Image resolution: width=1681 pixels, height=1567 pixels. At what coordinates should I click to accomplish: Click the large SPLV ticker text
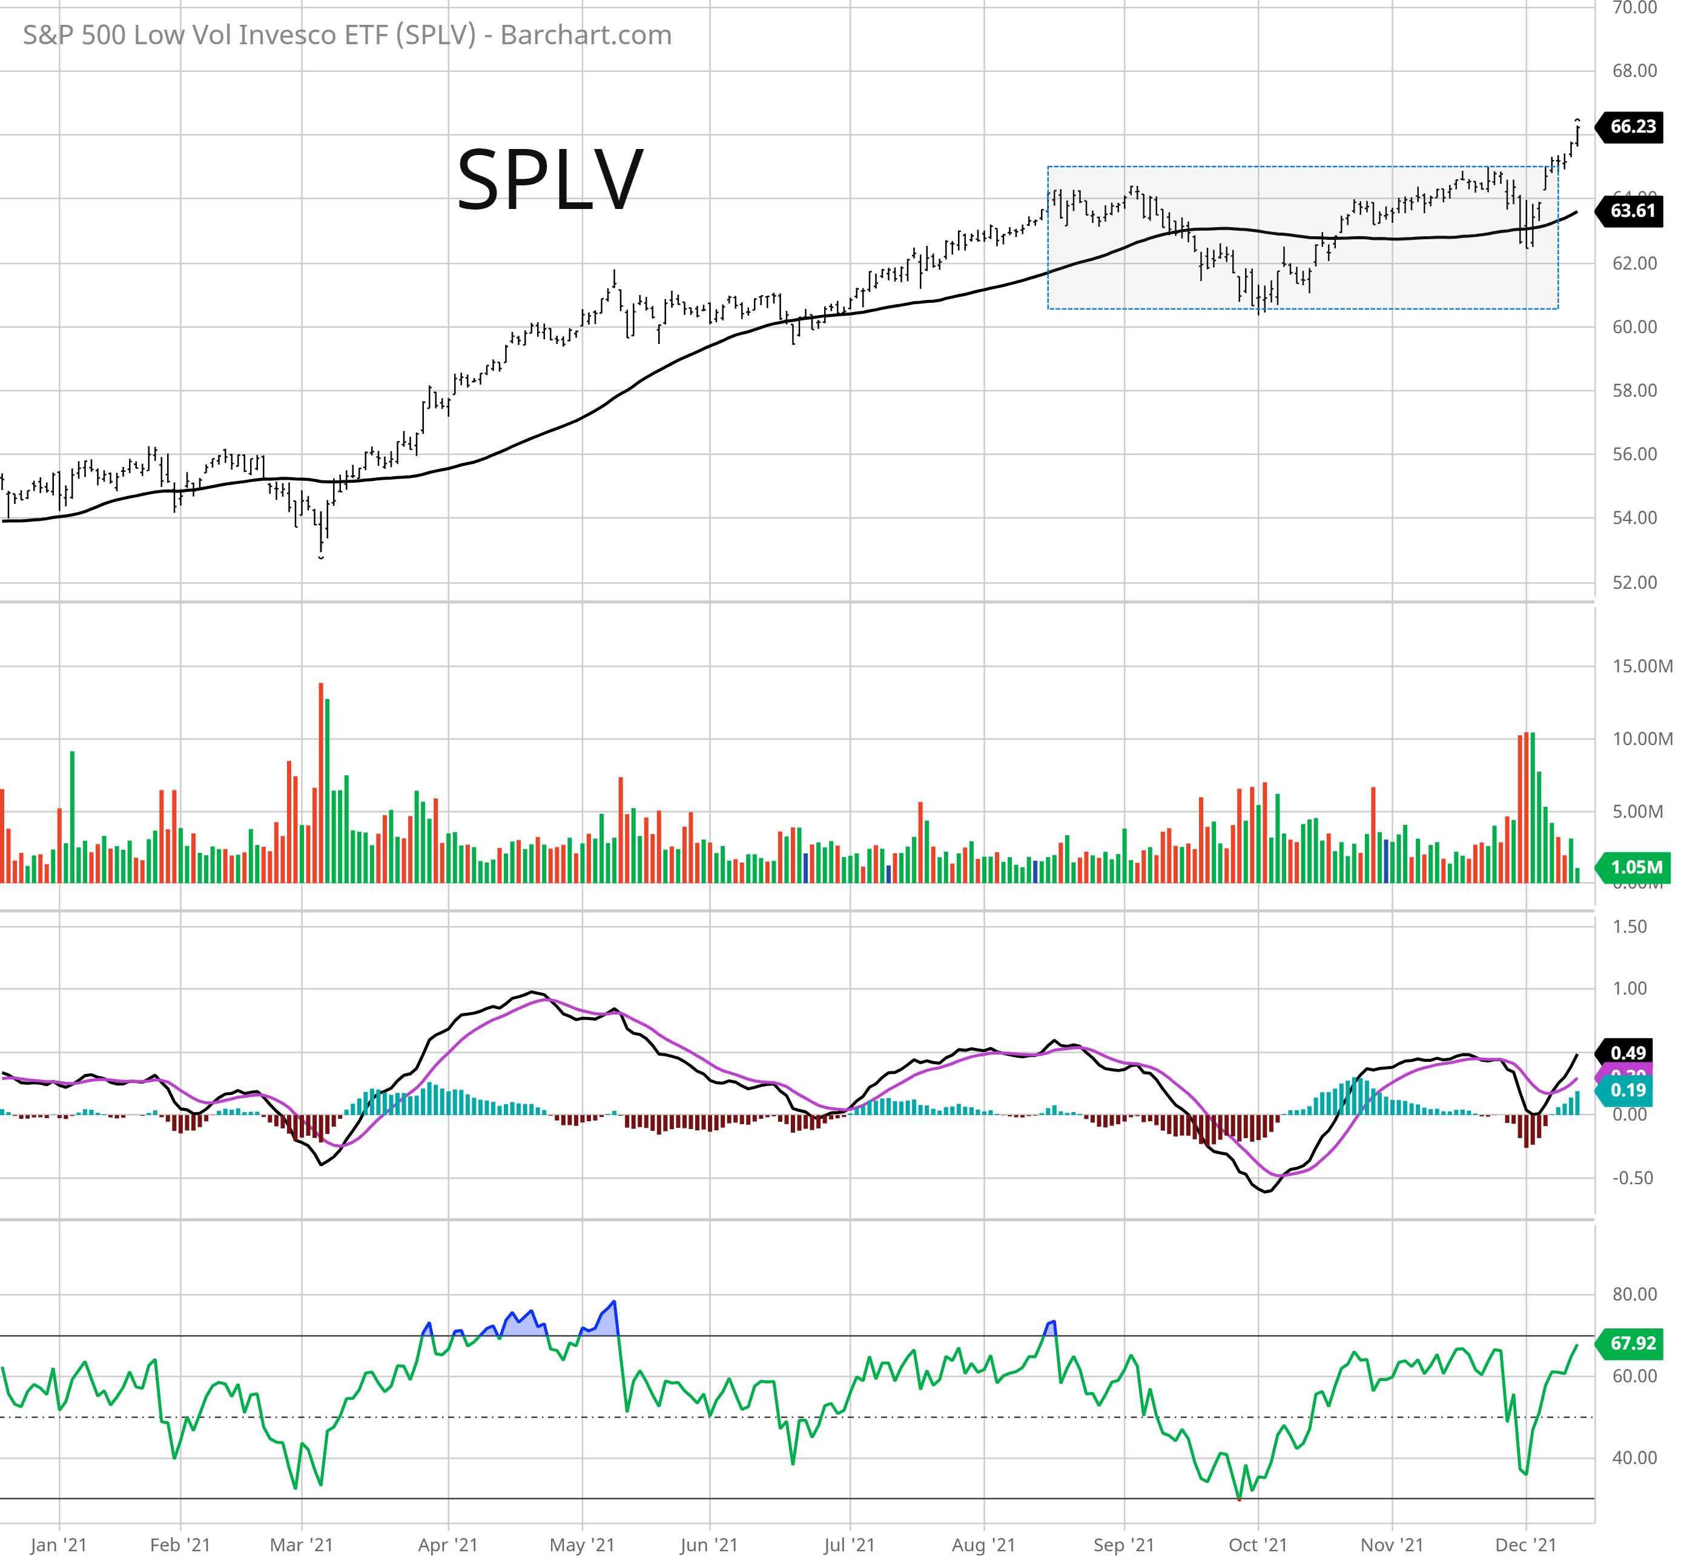point(550,180)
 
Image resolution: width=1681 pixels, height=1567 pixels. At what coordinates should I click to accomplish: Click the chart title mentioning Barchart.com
point(347,35)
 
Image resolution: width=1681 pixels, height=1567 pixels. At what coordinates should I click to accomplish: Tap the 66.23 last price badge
point(1632,127)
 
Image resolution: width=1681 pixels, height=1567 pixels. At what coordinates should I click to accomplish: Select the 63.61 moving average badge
point(1632,211)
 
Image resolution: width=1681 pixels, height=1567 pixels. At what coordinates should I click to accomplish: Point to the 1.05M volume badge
point(1636,867)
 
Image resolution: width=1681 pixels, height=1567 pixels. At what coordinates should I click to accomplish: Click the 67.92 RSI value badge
point(1632,1343)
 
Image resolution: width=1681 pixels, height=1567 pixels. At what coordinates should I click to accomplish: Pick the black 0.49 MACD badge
point(1628,1053)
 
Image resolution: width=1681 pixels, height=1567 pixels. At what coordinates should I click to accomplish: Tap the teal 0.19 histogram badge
point(1628,1090)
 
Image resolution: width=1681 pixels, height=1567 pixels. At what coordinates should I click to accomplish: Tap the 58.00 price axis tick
point(1634,391)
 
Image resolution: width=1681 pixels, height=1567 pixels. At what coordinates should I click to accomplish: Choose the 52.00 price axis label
point(1634,583)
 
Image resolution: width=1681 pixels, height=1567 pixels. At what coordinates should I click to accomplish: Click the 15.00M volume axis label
point(1641,666)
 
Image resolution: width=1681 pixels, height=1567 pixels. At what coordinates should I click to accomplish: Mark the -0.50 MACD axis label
point(1632,1178)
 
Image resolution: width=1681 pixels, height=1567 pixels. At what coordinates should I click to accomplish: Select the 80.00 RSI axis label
point(1634,1294)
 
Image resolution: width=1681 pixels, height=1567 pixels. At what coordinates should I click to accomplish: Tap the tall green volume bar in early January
point(73,816)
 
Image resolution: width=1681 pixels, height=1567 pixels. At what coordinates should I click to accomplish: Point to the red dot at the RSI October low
point(1240,1499)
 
